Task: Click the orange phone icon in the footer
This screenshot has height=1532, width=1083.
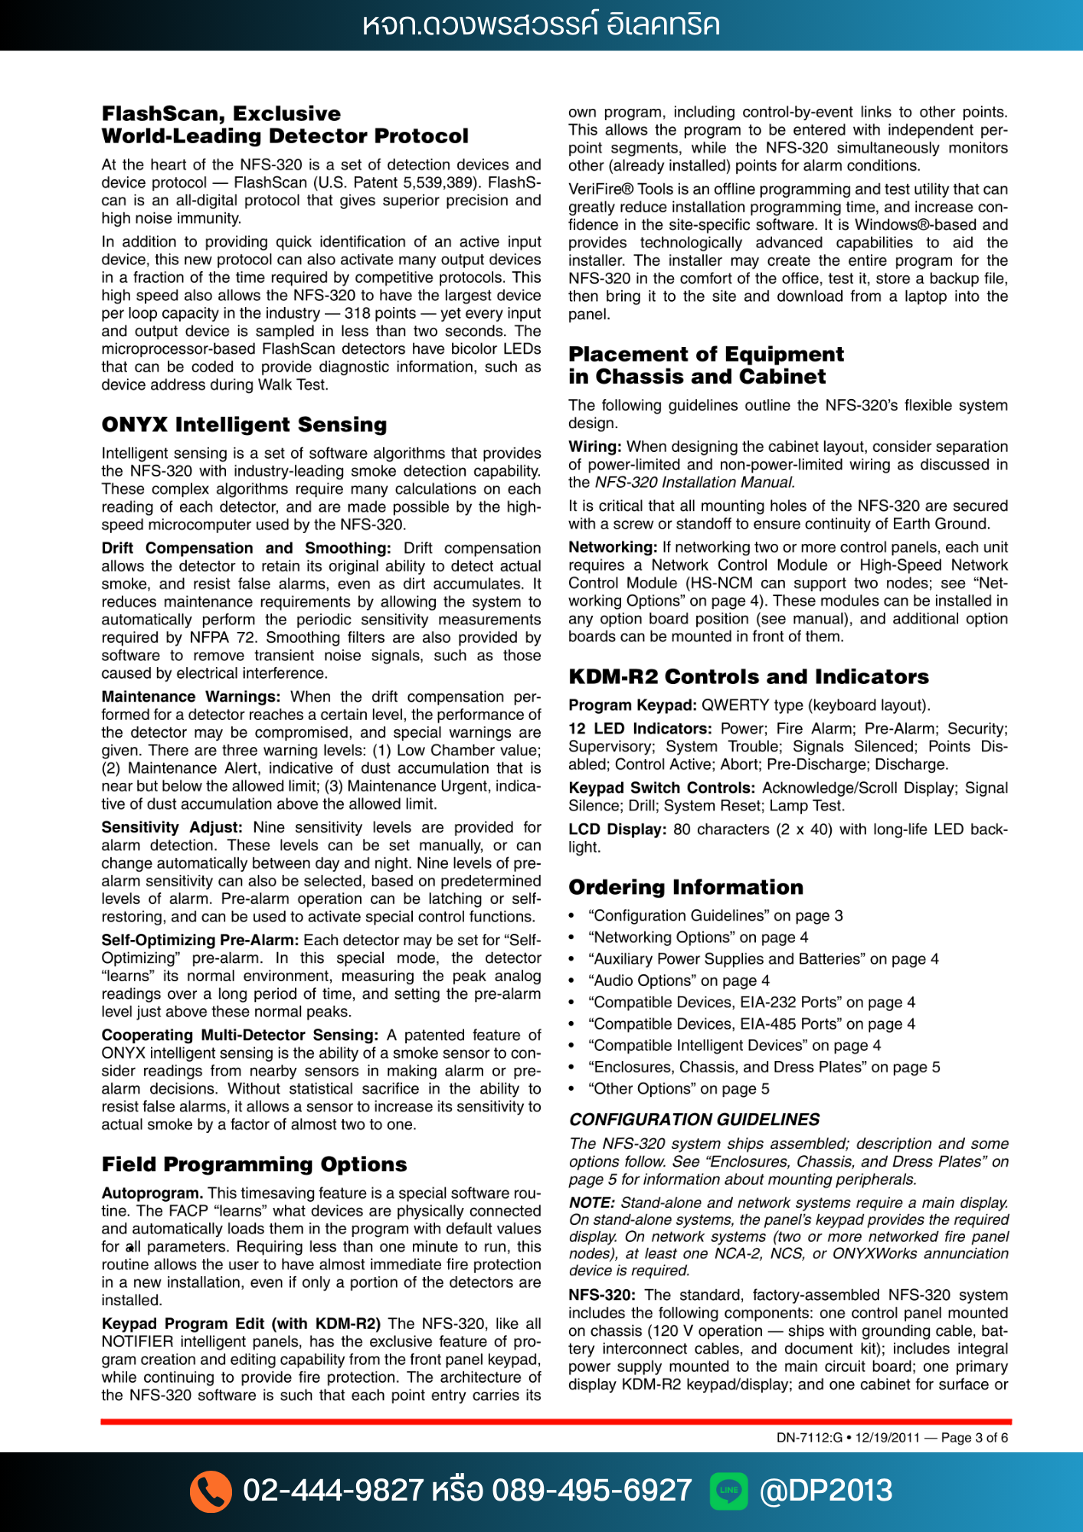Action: pos(211,1491)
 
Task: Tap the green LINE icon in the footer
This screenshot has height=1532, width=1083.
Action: pos(728,1491)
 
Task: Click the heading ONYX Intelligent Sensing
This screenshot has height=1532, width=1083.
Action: pos(244,424)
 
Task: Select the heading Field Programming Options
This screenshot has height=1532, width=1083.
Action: pos(254,1164)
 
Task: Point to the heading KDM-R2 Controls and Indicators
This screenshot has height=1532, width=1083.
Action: pos(748,676)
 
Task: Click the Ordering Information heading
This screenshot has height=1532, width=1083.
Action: pos(685,887)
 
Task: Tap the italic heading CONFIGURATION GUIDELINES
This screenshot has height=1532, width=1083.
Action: pos(694,1119)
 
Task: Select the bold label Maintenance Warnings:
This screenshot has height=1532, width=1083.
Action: pos(191,696)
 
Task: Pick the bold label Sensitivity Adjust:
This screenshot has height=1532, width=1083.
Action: pos(172,827)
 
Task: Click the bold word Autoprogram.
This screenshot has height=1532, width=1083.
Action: pos(152,1193)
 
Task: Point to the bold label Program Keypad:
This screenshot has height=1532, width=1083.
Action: pos(632,705)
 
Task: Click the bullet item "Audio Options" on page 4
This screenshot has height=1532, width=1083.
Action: pos(679,980)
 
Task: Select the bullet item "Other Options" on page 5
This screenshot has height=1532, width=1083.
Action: pos(679,1088)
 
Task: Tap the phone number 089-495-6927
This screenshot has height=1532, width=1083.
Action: pos(591,1491)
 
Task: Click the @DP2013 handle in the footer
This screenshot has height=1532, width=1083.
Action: pos(826,1491)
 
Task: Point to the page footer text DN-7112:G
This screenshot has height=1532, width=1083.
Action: pos(809,1438)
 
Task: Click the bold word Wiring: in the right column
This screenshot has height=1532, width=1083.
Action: pos(594,447)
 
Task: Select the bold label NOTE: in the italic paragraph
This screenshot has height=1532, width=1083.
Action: pos(592,1203)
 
